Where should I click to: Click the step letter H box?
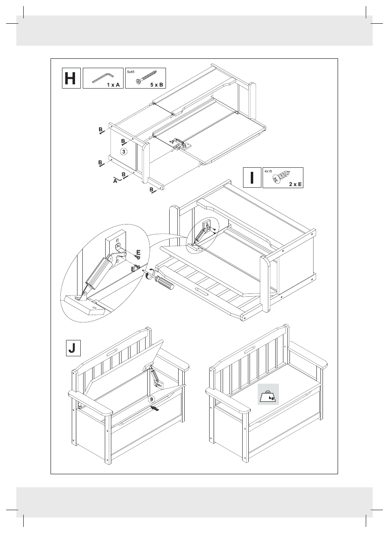pos(71,78)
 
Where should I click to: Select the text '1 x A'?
pos(113,85)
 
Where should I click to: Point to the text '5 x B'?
pos(156,85)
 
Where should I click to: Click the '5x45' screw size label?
pos(131,72)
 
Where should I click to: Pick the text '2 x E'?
pos(295,184)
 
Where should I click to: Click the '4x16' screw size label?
pos(268,171)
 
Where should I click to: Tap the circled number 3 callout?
pos(124,151)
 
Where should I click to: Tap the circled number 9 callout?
pos(151,399)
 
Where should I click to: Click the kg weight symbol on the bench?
pos(268,395)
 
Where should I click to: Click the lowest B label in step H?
pos(151,189)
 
